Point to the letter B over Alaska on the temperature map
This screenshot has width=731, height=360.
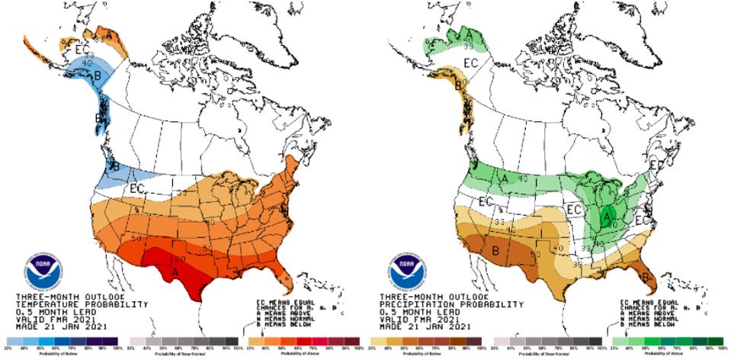(76, 76)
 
